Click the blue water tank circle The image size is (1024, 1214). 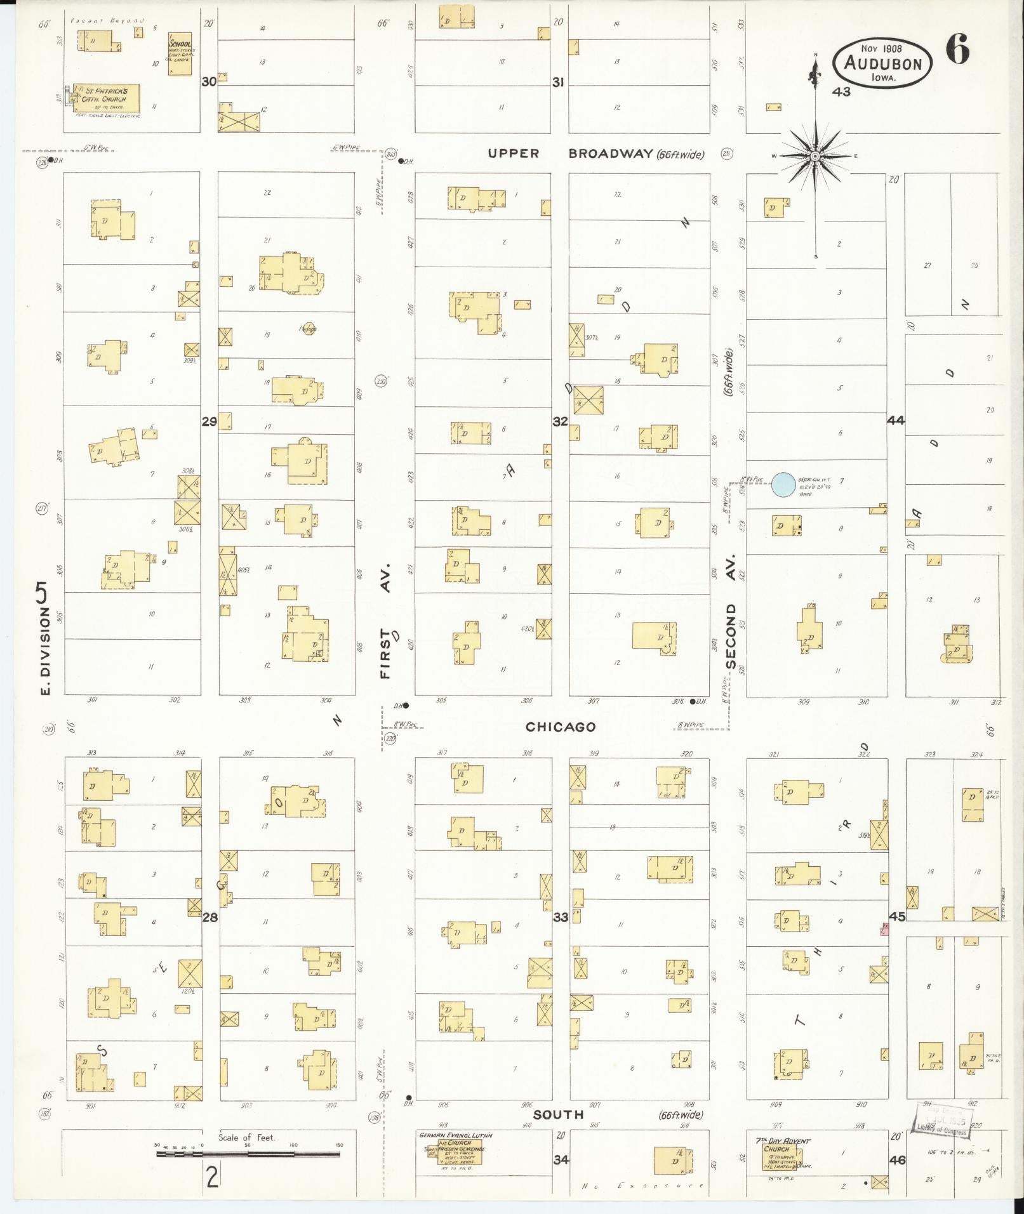pyautogui.click(x=783, y=485)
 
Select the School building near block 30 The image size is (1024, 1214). pyautogui.click(x=180, y=56)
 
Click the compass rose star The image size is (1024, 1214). pyautogui.click(x=815, y=156)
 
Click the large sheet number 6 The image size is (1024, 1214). pyautogui.click(x=957, y=49)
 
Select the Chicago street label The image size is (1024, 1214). pyautogui.click(x=561, y=727)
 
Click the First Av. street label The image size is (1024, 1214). pyautogui.click(x=387, y=621)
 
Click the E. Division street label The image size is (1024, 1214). pyautogui.click(x=44, y=641)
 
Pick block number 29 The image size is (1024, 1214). pyautogui.click(x=209, y=421)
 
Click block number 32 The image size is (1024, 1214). pyautogui.click(x=560, y=421)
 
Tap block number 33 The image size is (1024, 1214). pyautogui.click(x=560, y=917)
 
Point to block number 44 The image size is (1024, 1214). pyautogui.click(x=896, y=420)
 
